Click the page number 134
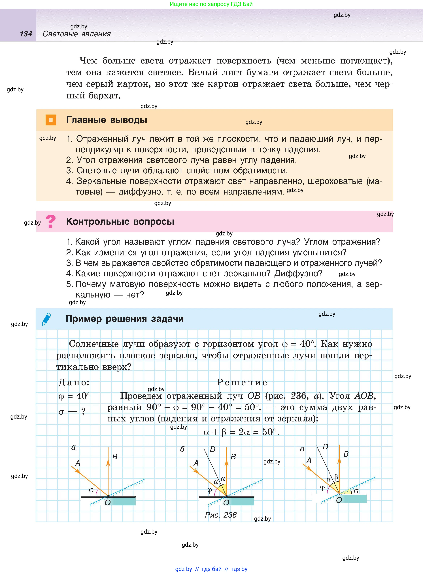pyautogui.click(x=26, y=34)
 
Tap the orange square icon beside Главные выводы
pyautogui.click(x=51, y=120)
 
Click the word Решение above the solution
pyautogui.click(x=242, y=382)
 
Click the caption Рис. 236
pyautogui.click(x=221, y=515)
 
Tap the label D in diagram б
pyautogui.click(x=212, y=449)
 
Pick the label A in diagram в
pyautogui.click(x=309, y=460)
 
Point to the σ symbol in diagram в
pyautogui.click(x=356, y=491)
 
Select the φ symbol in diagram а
pyautogui.click(x=91, y=490)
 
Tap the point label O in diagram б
pyautogui.click(x=226, y=503)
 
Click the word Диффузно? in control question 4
pyautogui.click(x=298, y=274)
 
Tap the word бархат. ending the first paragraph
pyautogui.click(x=105, y=96)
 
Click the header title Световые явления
pyautogui.click(x=76, y=34)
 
